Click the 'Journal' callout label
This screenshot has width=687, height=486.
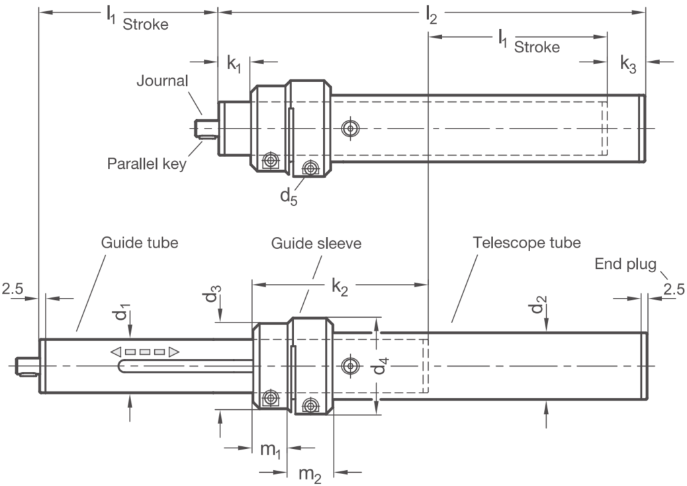[x=162, y=81]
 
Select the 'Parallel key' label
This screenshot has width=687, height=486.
[x=147, y=164]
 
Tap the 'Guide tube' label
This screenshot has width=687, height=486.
[x=140, y=242]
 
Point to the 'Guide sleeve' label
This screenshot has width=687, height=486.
[x=316, y=243]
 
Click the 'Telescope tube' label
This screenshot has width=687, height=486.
[x=527, y=242]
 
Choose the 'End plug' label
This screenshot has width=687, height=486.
[x=625, y=264]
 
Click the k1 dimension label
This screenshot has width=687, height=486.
[x=234, y=64]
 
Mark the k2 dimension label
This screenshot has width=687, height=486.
[x=340, y=287]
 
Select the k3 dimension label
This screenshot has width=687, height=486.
[x=628, y=64]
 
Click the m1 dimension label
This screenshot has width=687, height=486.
[x=270, y=450]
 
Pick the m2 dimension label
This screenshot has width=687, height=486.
[x=310, y=475]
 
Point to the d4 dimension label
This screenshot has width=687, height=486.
[x=381, y=366]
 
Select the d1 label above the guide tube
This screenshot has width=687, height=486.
[x=123, y=315]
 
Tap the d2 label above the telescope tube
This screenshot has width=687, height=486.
[x=539, y=305]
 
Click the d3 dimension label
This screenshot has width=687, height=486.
[x=212, y=293]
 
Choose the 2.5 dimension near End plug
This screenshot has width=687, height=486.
[x=673, y=289]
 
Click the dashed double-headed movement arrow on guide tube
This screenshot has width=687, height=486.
[x=144, y=352]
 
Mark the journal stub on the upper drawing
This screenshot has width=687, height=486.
[x=207, y=128]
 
